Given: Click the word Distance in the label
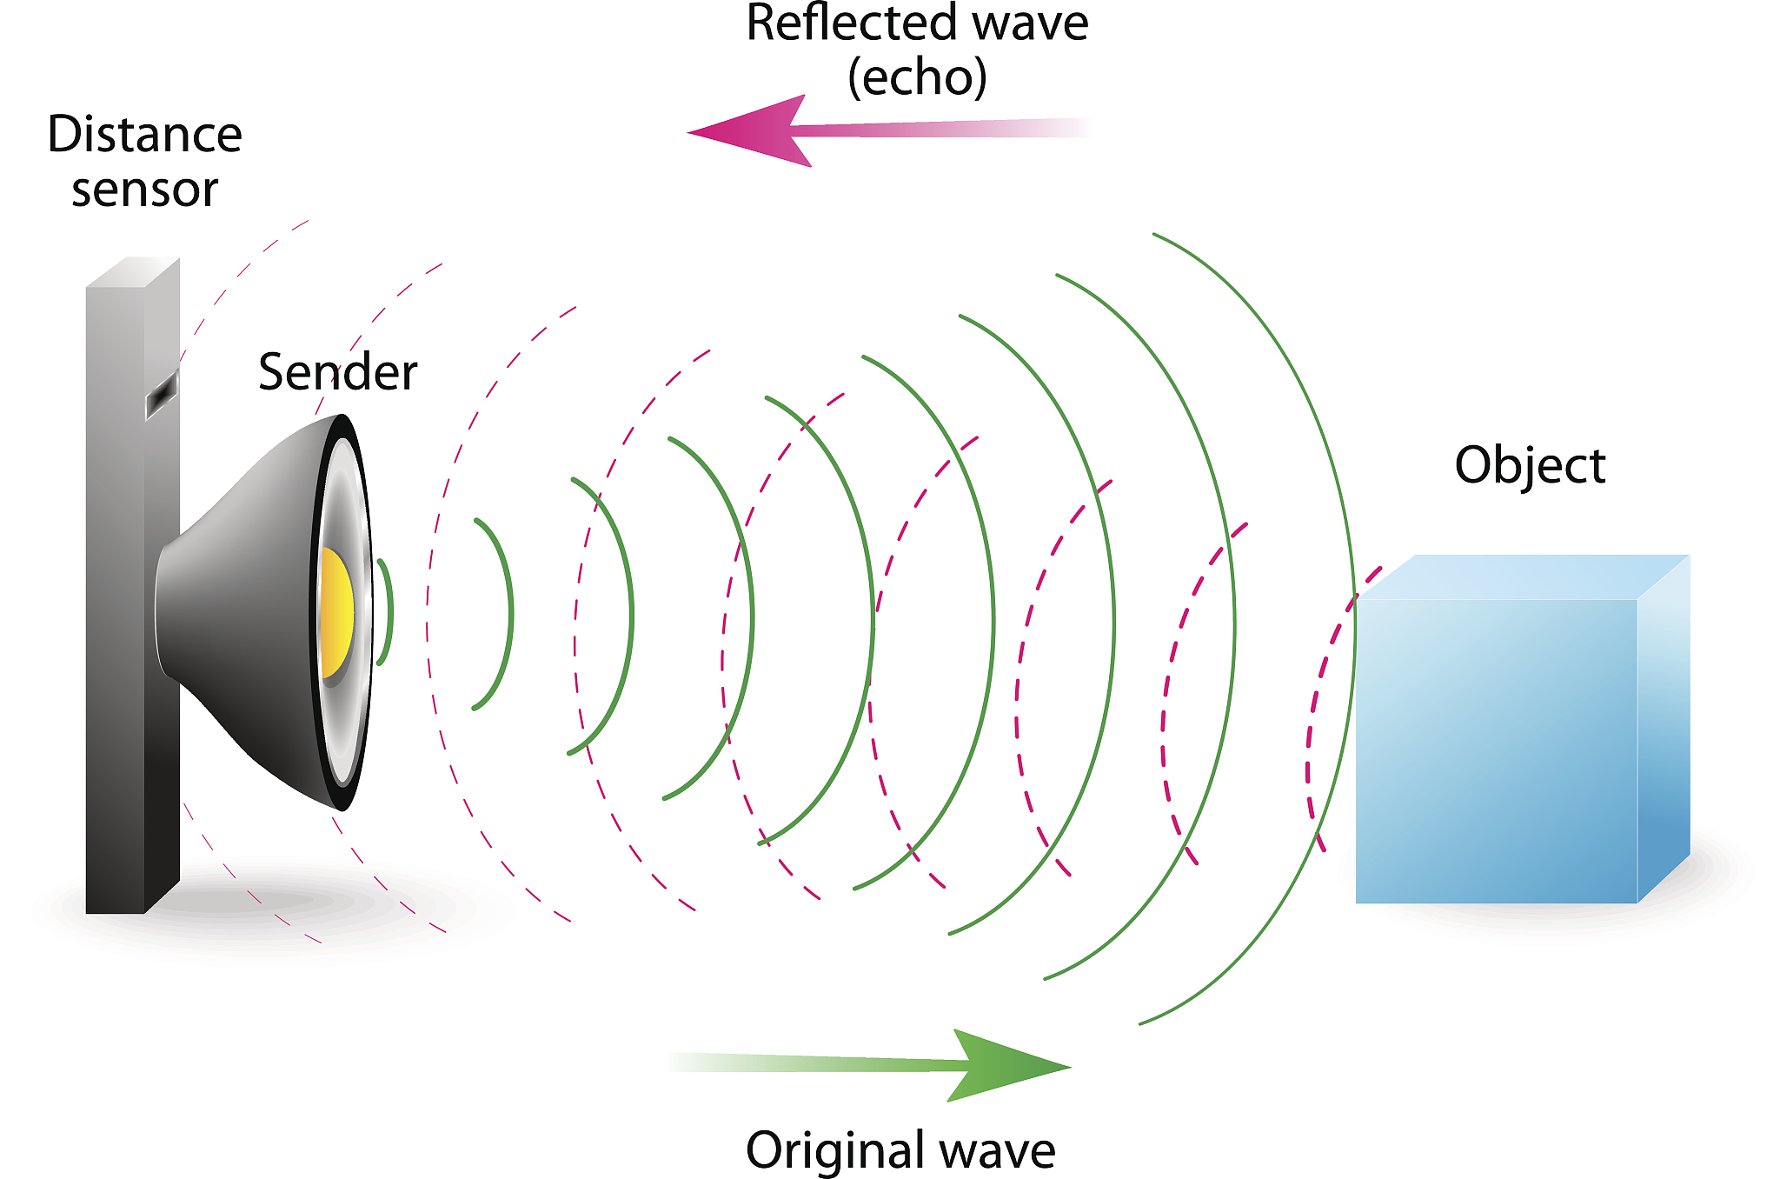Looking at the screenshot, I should point(144,135).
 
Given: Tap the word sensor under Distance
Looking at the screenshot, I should point(144,190).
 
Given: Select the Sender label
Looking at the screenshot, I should point(337,372).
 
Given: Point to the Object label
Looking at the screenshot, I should point(1529,465).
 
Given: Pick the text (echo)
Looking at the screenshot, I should point(917,77).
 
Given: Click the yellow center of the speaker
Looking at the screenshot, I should point(335,613).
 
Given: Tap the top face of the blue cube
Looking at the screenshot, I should point(1521,576).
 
